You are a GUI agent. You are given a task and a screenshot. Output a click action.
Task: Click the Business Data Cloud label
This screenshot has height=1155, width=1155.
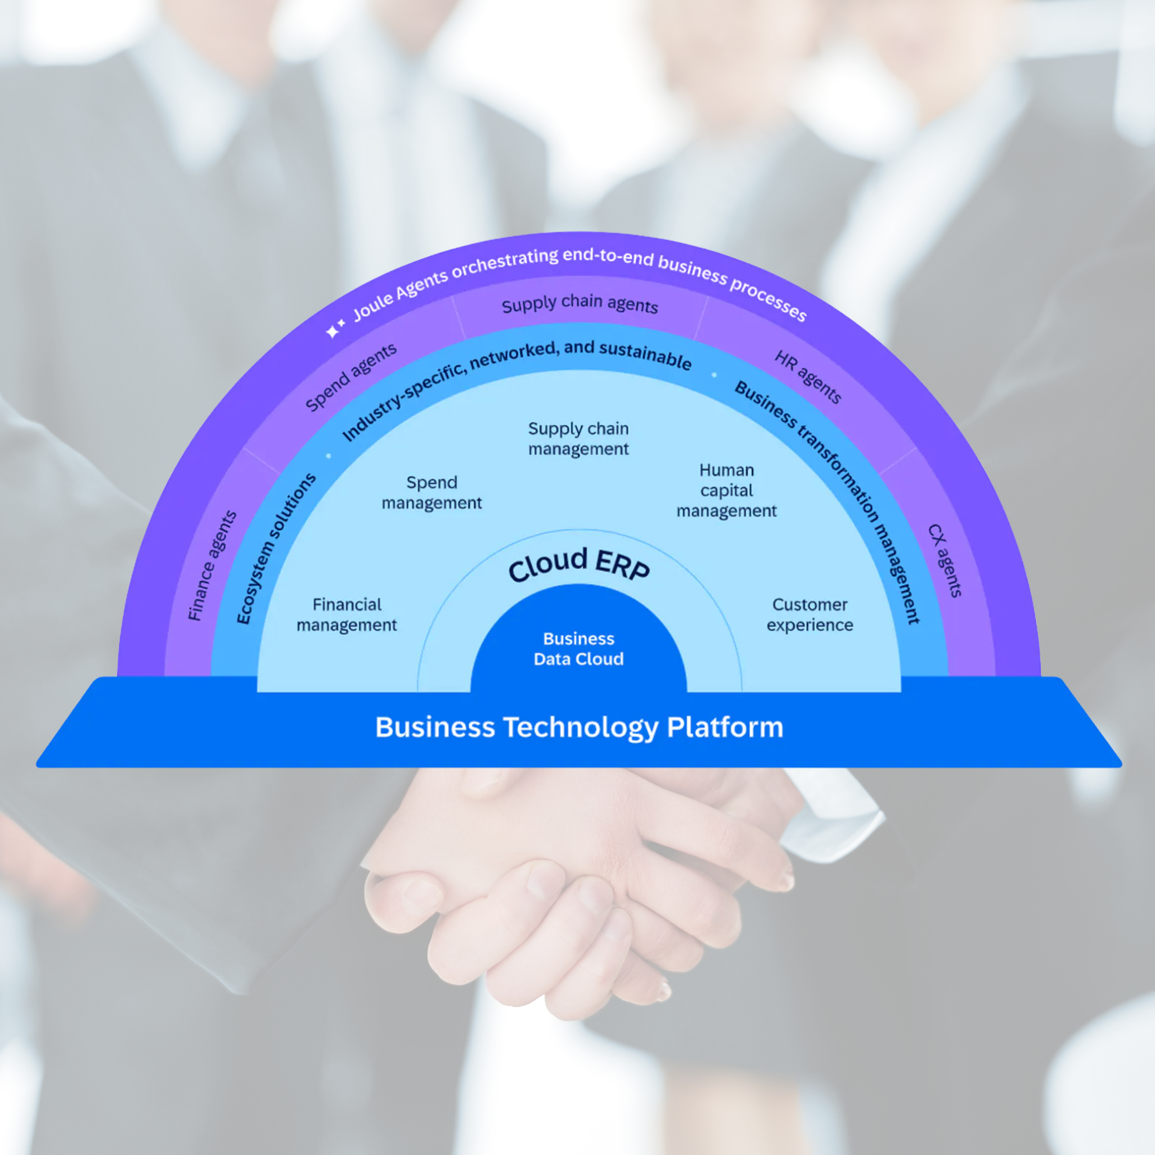pos(578,649)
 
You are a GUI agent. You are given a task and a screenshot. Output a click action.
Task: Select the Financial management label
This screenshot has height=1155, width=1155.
pos(346,615)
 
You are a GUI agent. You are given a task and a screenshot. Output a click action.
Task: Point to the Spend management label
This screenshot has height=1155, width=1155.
pos(431,493)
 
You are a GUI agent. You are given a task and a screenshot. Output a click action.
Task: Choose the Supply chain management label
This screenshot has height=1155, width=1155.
pos(578,438)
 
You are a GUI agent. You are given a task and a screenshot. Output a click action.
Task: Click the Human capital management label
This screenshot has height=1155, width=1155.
pos(727,491)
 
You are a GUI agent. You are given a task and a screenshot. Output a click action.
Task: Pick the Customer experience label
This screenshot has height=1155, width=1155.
pos(809,615)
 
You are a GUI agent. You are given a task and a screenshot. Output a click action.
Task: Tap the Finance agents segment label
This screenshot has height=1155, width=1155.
pos(211,566)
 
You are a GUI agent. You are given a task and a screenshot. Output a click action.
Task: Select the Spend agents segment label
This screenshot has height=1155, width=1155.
pos(350,377)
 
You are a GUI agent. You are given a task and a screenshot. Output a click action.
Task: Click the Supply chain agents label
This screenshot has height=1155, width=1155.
pos(579,304)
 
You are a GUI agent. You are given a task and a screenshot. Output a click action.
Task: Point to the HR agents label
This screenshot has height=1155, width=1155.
pos(808,377)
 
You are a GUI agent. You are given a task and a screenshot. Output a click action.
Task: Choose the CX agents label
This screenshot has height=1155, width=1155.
pos(945,560)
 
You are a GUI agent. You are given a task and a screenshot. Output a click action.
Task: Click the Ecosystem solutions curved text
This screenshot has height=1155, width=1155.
pos(275,548)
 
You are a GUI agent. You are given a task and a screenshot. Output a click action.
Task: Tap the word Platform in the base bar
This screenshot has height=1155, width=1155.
pos(724,727)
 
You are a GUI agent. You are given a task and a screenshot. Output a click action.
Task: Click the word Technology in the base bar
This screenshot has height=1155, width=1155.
pos(580,728)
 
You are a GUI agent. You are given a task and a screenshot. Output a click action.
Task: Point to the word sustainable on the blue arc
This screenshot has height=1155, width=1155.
pos(645,354)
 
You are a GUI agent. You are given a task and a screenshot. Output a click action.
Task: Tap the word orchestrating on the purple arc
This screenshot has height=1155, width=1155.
pos(505,263)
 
